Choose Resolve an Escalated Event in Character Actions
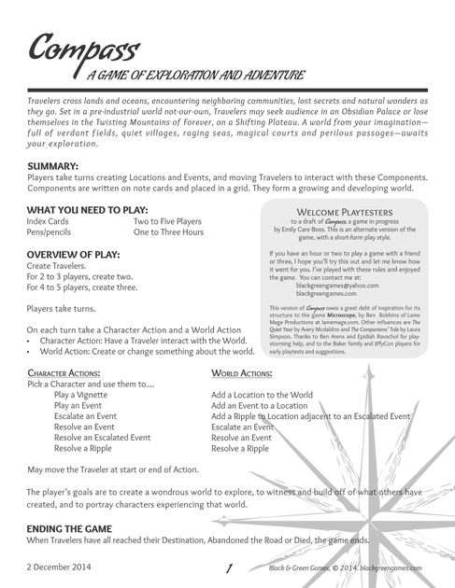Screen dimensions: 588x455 tap(102, 437)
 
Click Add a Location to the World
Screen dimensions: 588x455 tap(262, 395)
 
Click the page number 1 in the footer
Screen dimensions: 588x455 tap(229, 567)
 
